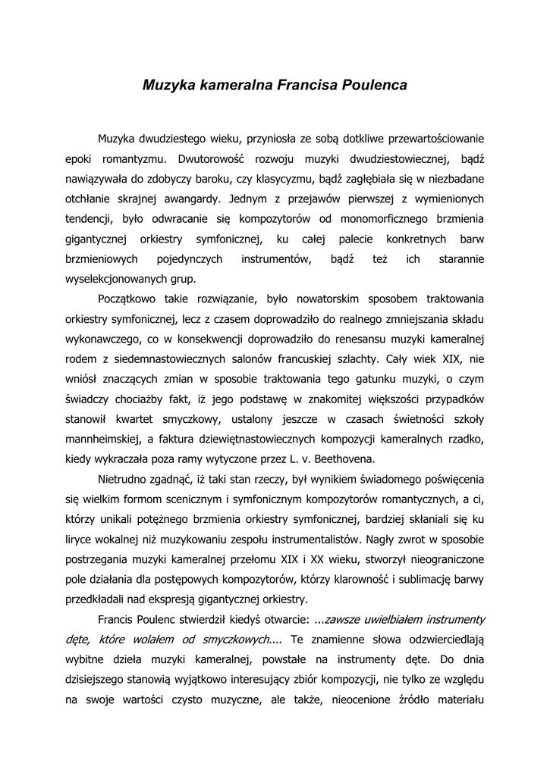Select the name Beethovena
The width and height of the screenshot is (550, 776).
coord(343,458)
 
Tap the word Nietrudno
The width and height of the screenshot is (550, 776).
coord(124,479)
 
